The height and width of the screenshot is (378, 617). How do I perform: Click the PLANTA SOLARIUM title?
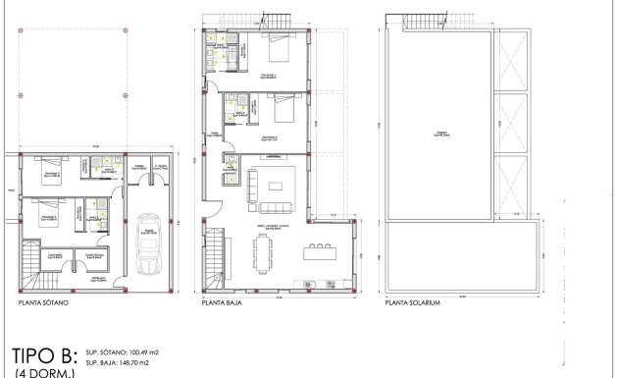pyautogui.click(x=413, y=304)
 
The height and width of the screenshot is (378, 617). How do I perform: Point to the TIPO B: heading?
pyautogui.click(x=42, y=354)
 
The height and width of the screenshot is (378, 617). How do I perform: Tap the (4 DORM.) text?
pyautogui.click(x=36, y=373)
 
